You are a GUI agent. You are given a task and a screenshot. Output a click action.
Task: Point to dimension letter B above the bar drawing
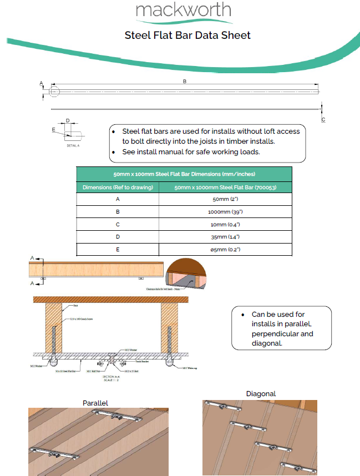coord(184,82)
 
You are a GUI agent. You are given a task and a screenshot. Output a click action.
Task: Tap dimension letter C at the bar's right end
coord(323,119)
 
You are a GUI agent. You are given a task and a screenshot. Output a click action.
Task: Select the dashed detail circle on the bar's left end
coord(54,92)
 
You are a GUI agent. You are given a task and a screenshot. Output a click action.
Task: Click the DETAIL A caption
coord(73,145)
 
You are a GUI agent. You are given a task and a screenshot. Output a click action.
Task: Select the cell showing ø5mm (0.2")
coord(225,250)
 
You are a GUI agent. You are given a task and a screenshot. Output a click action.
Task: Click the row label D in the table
coord(118,237)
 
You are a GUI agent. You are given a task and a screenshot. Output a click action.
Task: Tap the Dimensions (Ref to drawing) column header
coord(118,188)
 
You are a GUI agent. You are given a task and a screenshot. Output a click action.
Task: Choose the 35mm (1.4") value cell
coord(225,237)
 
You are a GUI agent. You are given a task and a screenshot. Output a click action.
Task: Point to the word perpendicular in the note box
coord(282,334)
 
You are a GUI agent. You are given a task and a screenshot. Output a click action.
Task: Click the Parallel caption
coord(95,402)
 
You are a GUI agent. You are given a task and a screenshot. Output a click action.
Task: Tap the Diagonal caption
coord(261,394)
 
